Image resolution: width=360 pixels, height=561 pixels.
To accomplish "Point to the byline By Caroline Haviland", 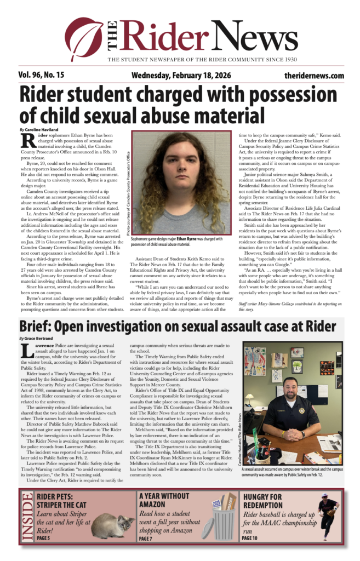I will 39,129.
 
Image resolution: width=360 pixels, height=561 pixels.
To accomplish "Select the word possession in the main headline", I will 287,94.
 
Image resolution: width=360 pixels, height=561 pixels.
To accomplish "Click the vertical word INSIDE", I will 26,517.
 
